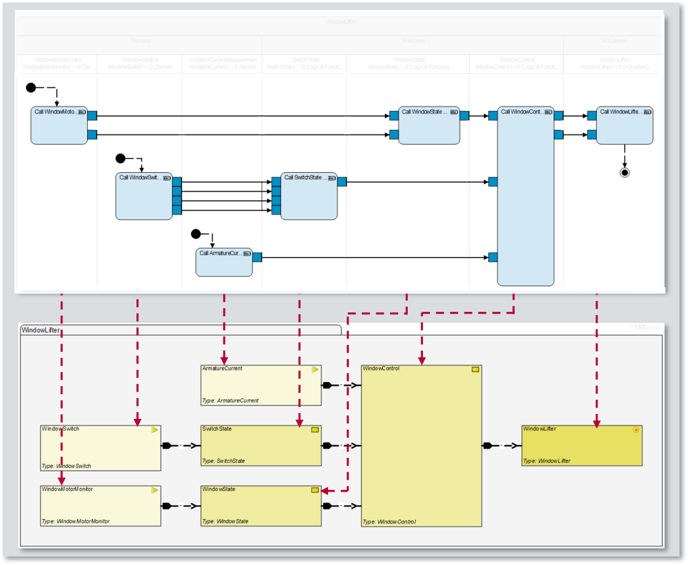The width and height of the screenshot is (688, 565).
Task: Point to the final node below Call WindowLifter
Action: [x=624, y=172]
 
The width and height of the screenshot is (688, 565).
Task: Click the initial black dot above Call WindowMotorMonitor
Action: [x=31, y=87]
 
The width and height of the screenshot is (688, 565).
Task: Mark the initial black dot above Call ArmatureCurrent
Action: [x=196, y=234]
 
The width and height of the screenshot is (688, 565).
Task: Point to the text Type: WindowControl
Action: [x=389, y=522]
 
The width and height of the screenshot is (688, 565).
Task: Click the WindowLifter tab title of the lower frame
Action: [x=38, y=330]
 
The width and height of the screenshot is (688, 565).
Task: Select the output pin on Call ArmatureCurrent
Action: [x=257, y=257]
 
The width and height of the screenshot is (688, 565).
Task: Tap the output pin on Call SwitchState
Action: [x=342, y=182]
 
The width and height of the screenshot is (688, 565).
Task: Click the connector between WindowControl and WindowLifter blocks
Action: [x=501, y=445]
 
